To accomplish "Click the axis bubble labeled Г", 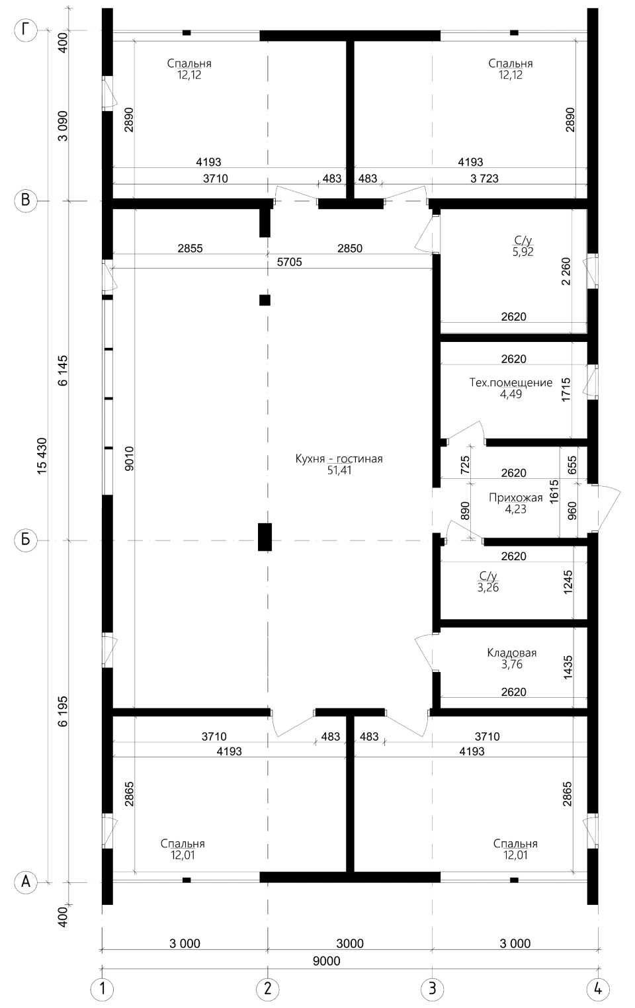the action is pos(26,30).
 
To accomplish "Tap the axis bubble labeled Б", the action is pos(26,540).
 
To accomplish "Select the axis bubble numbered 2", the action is pos(268,989).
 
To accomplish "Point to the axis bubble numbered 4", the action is pos(598,989).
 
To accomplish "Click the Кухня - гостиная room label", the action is pos(339,458).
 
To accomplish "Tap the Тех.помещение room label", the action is pos(511,382).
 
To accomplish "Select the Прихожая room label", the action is pos(516,497).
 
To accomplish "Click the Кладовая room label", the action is pos(512,653).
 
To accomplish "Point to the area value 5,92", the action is pos(523,251).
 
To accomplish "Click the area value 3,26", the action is pos(488,587).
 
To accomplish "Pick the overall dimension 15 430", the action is pos(42,456).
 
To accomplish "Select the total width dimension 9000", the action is pos(327,961).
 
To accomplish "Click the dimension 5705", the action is pos(289,262).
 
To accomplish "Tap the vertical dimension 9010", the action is pos(129,458).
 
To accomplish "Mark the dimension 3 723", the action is pos(484,179).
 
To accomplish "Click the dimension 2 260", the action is pos(566,271).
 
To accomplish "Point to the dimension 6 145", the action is pos(62,370).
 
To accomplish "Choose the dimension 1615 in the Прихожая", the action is pos(554,491).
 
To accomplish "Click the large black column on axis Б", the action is pos(265,537).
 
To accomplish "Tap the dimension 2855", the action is pos(190,248).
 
